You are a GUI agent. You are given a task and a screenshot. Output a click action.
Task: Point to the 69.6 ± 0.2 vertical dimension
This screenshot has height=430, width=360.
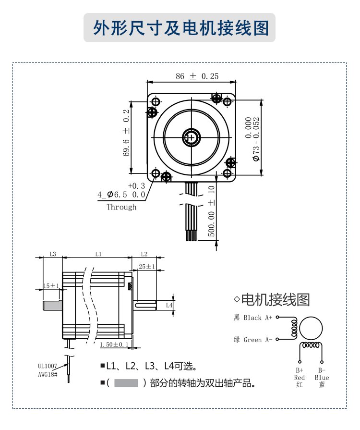[x=127, y=133]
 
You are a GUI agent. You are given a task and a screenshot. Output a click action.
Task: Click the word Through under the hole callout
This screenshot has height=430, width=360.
[x=121, y=207]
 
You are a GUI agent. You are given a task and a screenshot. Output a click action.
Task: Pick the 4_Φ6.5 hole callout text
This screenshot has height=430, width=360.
[x=121, y=195]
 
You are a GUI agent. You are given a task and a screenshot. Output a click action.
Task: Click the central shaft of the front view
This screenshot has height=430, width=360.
[x=192, y=137]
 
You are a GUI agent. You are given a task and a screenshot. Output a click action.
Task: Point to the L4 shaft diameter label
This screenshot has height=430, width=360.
[x=168, y=305]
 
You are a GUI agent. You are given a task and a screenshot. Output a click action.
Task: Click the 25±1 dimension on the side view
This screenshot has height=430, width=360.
[x=146, y=266]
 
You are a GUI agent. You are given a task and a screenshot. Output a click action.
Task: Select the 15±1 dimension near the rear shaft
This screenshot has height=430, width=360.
[x=51, y=285]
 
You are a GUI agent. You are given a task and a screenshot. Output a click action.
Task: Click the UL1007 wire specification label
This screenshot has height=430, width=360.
[x=48, y=365]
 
